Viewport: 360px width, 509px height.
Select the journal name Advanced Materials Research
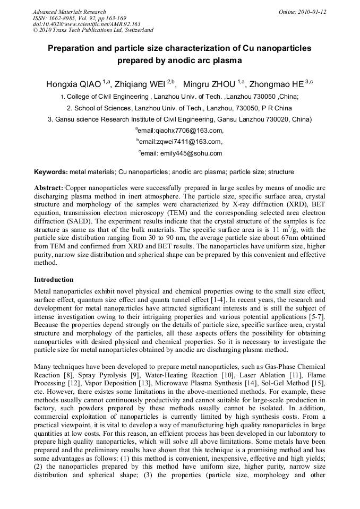70,12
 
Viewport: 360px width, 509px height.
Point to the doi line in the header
87,24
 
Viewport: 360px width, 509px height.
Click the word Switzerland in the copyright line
136,30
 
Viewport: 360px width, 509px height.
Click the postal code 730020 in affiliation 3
278,119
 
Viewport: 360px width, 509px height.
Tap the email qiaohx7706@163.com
181,131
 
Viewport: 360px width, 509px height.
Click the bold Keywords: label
51,172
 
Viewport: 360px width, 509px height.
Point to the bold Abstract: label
49,188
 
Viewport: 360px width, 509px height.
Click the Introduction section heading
54,280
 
